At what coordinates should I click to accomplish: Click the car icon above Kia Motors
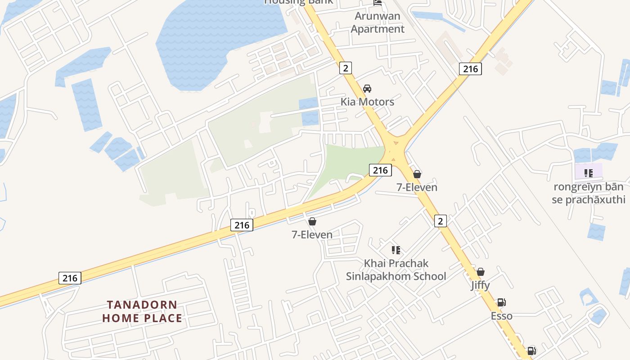coord(367,88)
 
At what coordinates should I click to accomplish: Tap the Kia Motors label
coord(367,102)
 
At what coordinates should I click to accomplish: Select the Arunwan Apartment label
coord(378,22)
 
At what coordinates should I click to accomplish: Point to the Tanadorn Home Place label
coord(142,311)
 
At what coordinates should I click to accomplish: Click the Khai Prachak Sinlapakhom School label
coord(396,270)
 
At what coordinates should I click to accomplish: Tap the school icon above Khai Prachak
coord(396,250)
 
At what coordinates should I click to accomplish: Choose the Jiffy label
coord(480,285)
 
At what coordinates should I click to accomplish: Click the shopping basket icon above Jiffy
coord(481,272)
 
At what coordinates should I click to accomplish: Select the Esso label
coord(501,316)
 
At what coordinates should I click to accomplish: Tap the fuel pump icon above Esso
coord(501,302)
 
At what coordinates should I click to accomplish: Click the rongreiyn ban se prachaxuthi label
coord(589,193)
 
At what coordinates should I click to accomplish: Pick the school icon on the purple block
coord(588,173)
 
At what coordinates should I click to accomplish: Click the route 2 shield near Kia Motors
coord(345,68)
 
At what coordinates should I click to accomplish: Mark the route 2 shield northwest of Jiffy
coord(441,220)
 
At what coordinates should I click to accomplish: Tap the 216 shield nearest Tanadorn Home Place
coord(70,278)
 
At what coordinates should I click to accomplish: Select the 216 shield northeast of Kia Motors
coord(470,69)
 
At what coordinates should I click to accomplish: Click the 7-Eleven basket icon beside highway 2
coord(417,174)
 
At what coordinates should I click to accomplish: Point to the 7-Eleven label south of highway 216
coord(312,234)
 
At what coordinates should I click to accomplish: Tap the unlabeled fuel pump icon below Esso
coord(531,351)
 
